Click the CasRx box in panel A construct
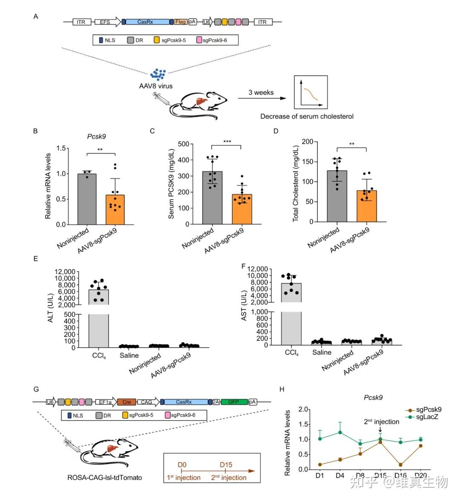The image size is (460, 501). [x=145, y=22]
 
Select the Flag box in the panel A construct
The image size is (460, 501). [x=180, y=22]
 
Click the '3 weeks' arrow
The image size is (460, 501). [x=261, y=98]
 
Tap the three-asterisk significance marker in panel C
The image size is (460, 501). [x=227, y=141]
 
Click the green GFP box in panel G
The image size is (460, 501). [x=233, y=402]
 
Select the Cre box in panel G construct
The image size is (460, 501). [x=126, y=402]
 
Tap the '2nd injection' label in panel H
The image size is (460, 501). [x=381, y=422]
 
